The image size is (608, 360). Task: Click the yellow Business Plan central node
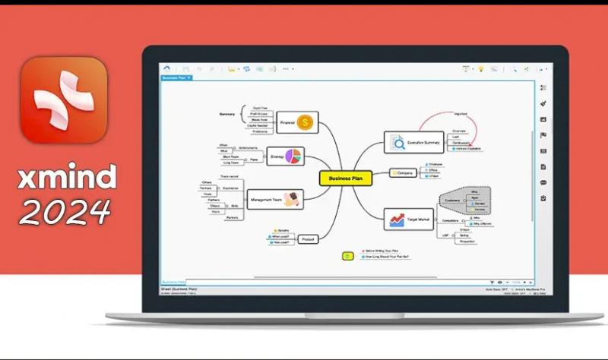346,178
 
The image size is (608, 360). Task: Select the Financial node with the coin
296,122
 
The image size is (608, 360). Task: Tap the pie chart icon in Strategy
293,156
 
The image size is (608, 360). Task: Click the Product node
308,238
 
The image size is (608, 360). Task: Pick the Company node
404,173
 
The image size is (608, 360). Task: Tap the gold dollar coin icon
306,122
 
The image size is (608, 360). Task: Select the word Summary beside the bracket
227,114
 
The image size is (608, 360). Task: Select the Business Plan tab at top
176,77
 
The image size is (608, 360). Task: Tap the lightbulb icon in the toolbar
480,69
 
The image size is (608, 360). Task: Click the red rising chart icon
397,219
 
